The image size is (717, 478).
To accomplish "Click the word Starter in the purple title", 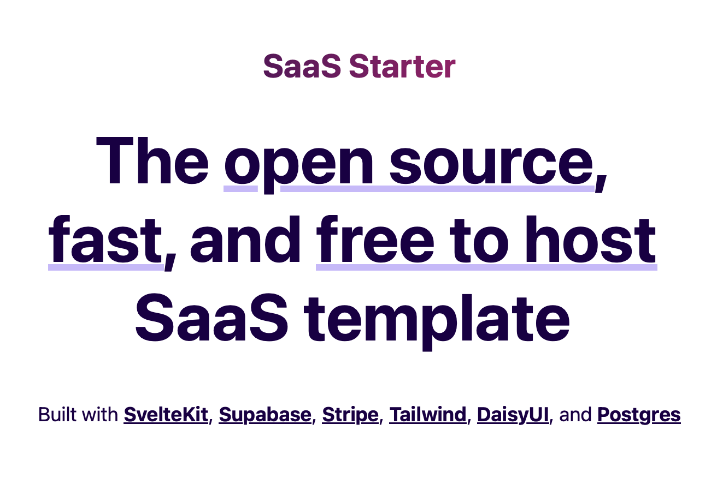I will [402, 67].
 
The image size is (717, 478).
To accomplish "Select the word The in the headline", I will [152, 160].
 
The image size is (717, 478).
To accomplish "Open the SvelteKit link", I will [166, 415].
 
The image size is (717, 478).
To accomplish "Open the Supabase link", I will [265, 415].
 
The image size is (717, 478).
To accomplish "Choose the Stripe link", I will [350, 415].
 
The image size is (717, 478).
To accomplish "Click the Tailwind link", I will [428, 415].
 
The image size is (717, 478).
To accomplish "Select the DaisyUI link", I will [513, 415].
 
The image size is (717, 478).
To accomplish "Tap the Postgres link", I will [639, 415].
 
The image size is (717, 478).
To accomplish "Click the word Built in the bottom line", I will [57, 415].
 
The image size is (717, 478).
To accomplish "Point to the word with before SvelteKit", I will [101, 415].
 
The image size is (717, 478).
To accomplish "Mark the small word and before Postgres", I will [576, 415].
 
